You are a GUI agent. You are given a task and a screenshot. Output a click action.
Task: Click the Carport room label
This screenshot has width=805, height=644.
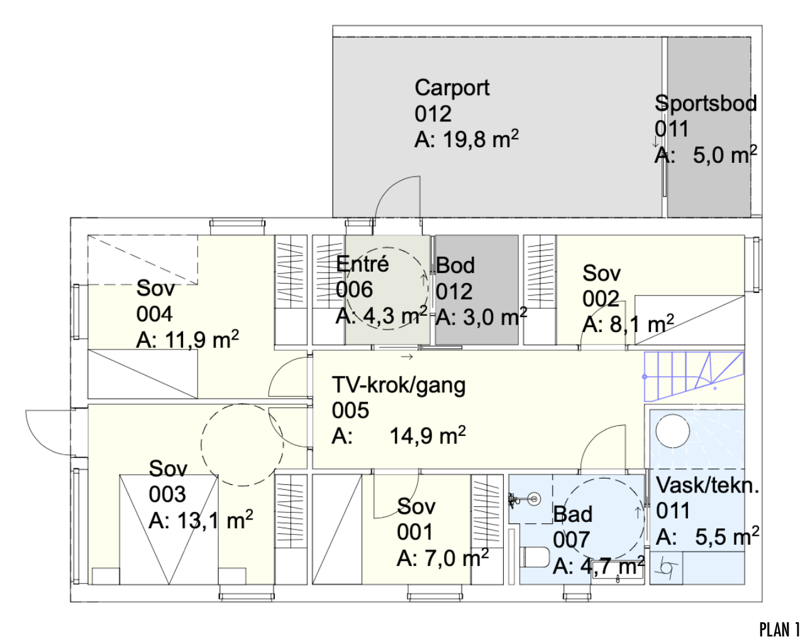(x=452, y=88)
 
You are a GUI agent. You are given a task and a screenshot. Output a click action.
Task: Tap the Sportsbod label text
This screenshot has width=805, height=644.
(x=705, y=103)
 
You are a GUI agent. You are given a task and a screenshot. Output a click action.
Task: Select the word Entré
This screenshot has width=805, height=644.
(x=362, y=264)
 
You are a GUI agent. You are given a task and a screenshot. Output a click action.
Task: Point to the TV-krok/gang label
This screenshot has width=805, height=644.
(x=399, y=385)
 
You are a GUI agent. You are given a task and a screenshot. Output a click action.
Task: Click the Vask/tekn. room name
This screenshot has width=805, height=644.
(x=708, y=485)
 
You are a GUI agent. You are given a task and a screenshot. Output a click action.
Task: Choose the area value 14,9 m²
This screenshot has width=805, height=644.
(x=427, y=436)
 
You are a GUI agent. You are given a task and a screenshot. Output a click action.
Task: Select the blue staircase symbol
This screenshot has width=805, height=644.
(x=694, y=376)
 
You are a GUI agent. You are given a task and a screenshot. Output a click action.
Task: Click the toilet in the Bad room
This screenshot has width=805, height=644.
(x=535, y=557)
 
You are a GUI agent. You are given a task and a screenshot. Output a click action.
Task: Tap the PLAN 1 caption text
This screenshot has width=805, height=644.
(x=779, y=630)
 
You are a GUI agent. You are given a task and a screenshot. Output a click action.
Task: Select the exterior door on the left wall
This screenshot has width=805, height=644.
(x=48, y=431)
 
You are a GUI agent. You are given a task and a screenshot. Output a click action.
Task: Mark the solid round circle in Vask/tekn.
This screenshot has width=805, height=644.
(x=672, y=431)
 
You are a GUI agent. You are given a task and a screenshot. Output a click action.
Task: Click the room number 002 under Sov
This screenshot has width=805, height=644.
(x=601, y=298)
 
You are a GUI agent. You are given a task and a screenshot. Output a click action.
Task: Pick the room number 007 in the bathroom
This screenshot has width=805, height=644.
(x=571, y=540)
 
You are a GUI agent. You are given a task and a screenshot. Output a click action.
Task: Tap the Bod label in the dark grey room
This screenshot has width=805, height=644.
(x=455, y=265)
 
